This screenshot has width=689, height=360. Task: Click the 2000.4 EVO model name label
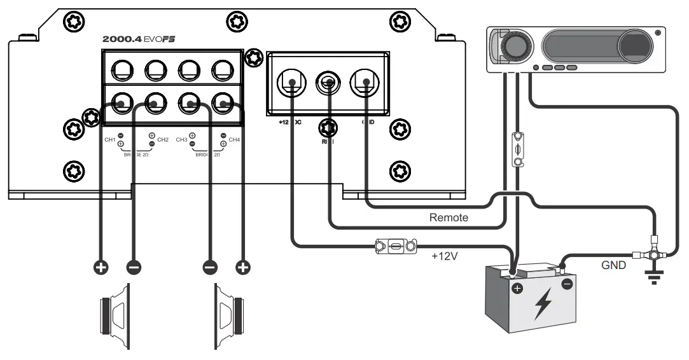tap(138, 39)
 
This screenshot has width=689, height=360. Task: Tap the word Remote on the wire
tap(449, 218)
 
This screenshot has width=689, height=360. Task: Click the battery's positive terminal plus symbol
tap(516, 291)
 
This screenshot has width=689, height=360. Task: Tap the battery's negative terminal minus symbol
tap(566, 283)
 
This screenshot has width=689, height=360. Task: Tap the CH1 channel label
tap(109, 139)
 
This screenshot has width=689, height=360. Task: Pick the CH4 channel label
tap(234, 139)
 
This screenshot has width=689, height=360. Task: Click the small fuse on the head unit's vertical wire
tap(518, 149)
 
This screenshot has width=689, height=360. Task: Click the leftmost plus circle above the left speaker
tap(101, 267)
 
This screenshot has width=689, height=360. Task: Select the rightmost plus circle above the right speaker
tap(242, 267)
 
